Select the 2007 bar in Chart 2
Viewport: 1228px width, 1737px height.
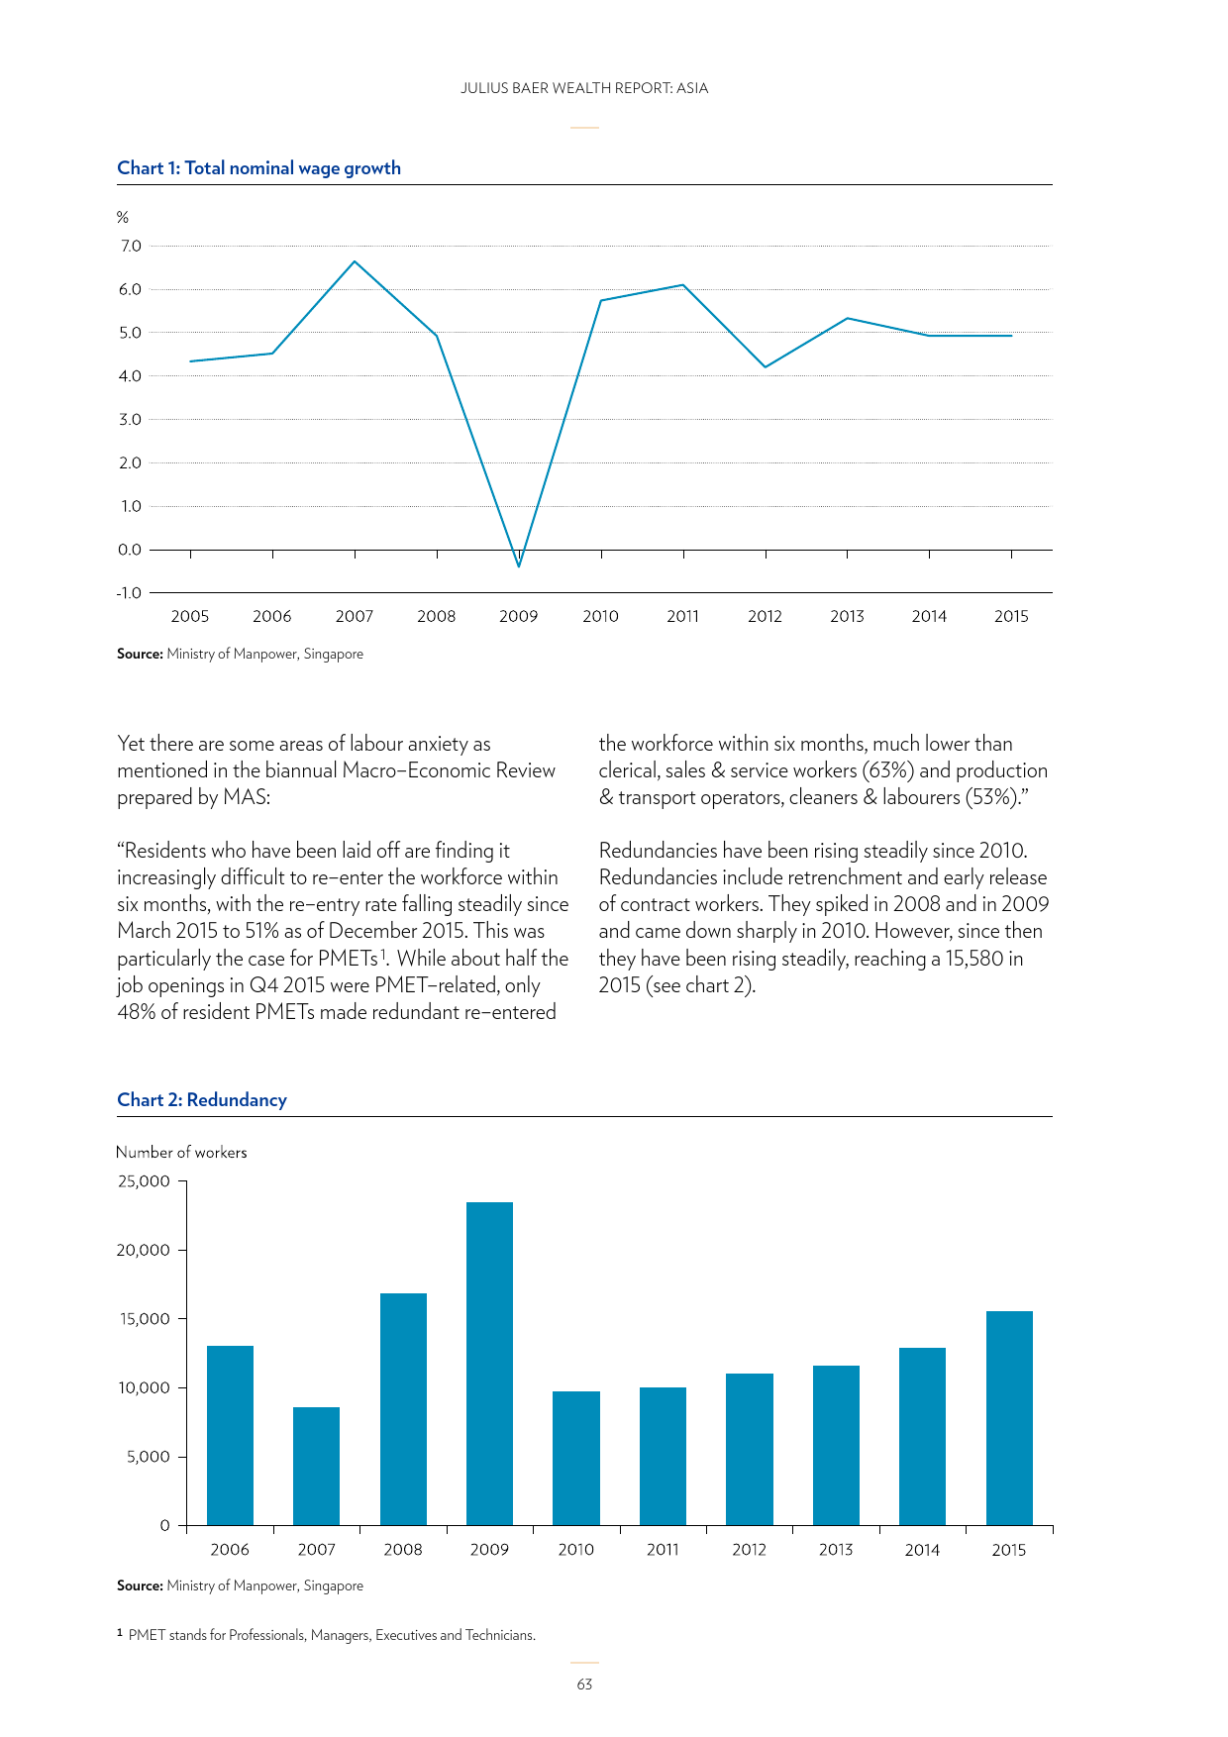(316, 1466)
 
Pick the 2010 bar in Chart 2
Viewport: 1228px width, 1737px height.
(575, 1458)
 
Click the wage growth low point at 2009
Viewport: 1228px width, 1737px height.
(518, 565)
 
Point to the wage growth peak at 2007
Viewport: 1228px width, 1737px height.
(355, 261)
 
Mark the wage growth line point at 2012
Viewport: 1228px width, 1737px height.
(766, 367)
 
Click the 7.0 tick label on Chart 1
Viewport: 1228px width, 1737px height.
(131, 246)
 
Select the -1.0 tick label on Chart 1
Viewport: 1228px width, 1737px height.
(129, 593)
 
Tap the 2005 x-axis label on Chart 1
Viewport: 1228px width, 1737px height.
(190, 616)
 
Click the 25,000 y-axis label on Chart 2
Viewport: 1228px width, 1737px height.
(144, 1180)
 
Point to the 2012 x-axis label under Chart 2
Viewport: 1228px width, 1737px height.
(749, 1550)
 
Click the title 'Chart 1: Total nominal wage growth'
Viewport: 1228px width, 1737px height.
(258, 168)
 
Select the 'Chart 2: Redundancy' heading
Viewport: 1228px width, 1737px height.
(202, 1100)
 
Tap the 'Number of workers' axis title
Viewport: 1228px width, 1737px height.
(181, 1152)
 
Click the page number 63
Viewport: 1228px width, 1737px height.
(584, 1685)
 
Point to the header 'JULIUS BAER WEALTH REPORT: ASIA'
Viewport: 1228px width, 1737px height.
(584, 88)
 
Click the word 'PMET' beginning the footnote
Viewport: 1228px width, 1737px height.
(147, 1635)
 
